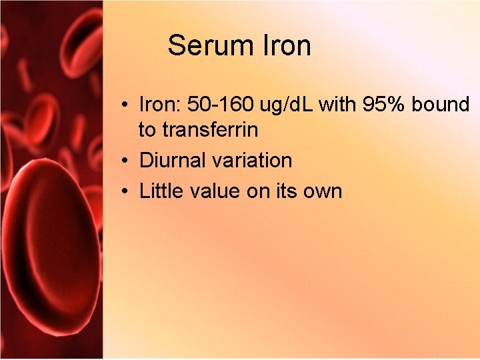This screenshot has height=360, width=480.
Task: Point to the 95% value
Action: (x=385, y=105)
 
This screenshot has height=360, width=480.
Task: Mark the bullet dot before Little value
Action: (x=125, y=192)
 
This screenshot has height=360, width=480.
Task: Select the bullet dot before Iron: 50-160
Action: (x=125, y=105)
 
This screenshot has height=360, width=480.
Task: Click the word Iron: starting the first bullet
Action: (x=160, y=105)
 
